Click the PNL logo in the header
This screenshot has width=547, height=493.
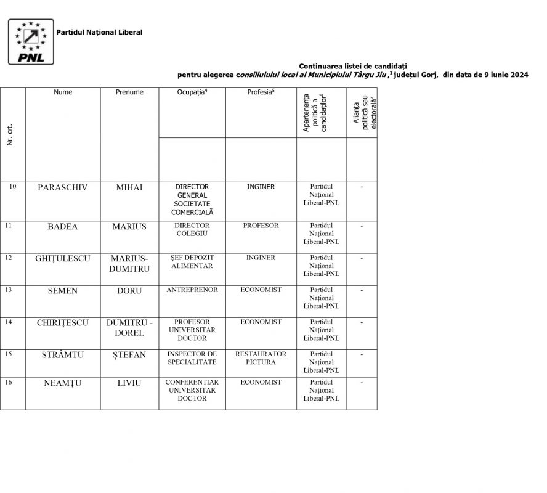(x=30, y=41)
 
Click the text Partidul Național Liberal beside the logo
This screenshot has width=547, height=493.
(x=99, y=32)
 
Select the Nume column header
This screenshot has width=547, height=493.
(x=63, y=92)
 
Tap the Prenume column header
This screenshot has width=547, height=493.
(x=129, y=92)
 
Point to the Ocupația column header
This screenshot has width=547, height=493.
(x=192, y=92)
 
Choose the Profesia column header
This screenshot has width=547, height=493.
(x=261, y=92)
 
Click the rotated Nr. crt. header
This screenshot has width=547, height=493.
(x=10, y=135)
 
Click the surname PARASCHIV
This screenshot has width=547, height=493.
(x=63, y=187)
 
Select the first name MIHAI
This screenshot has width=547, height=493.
(x=129, y=187)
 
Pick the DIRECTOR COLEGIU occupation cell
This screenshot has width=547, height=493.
(x=192, y=230)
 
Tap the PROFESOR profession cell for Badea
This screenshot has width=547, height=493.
(x=261, y=226)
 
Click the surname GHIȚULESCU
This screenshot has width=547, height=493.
(x=63, y=258)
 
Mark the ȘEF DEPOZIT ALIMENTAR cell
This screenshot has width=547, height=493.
(x=192, y=262)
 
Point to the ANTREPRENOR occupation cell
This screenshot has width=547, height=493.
(x=192, y=290)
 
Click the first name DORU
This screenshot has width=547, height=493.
(x=129, y=290)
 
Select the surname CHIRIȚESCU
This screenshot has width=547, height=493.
(x=63, y=322)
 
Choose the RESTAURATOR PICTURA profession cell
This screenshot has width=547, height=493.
(x=261, y=358)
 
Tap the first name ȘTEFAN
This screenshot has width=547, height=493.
(x=129, y=354)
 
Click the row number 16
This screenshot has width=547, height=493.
(x=9, y=383)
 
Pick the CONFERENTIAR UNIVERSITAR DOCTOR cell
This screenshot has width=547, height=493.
(x=192, y=390)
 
